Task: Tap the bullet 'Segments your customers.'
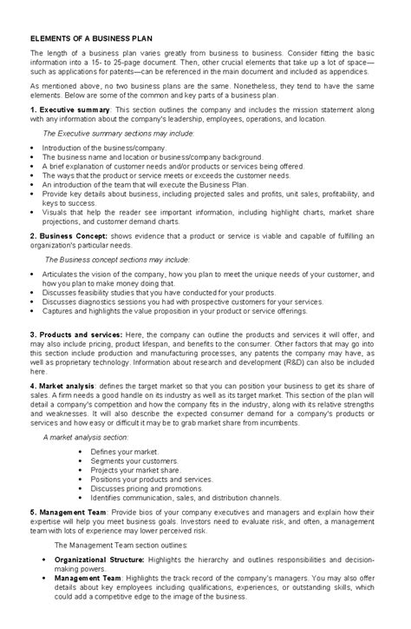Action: tap(131, 461)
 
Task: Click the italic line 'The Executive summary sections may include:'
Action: tap(119, 134)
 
